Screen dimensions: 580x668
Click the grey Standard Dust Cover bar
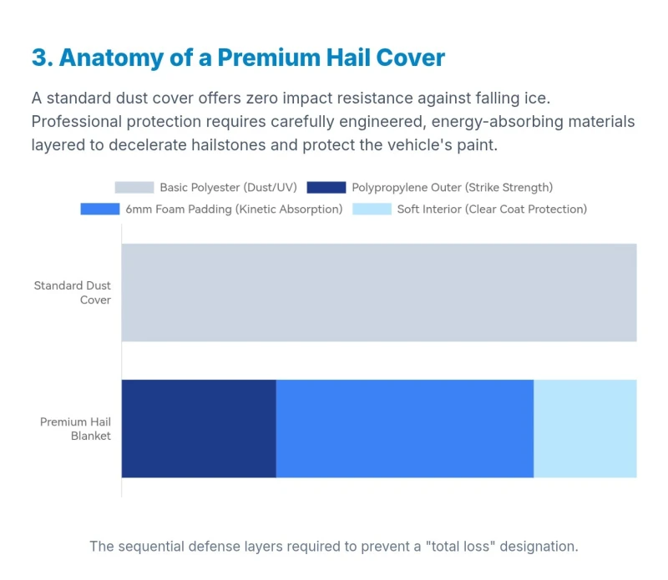[379, 292]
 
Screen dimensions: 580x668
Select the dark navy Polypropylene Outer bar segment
[199, 428]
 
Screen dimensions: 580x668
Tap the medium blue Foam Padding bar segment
[404, 428]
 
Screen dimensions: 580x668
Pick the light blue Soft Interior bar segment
[584, 428]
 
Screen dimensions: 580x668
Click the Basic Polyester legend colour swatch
[134, 188]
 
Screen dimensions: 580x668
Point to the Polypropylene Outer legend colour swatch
[326, 188]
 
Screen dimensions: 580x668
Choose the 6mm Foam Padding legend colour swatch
[100, 209]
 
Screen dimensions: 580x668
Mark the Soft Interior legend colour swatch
[372, 209]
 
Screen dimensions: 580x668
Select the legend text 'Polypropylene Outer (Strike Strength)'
[452, 188]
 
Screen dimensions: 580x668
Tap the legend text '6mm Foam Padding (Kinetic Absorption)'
[234, 209]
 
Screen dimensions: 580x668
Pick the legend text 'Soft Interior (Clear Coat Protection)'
[492, 209]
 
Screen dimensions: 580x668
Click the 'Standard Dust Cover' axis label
[73, 292]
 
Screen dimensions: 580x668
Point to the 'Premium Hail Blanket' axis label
[76, 428]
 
